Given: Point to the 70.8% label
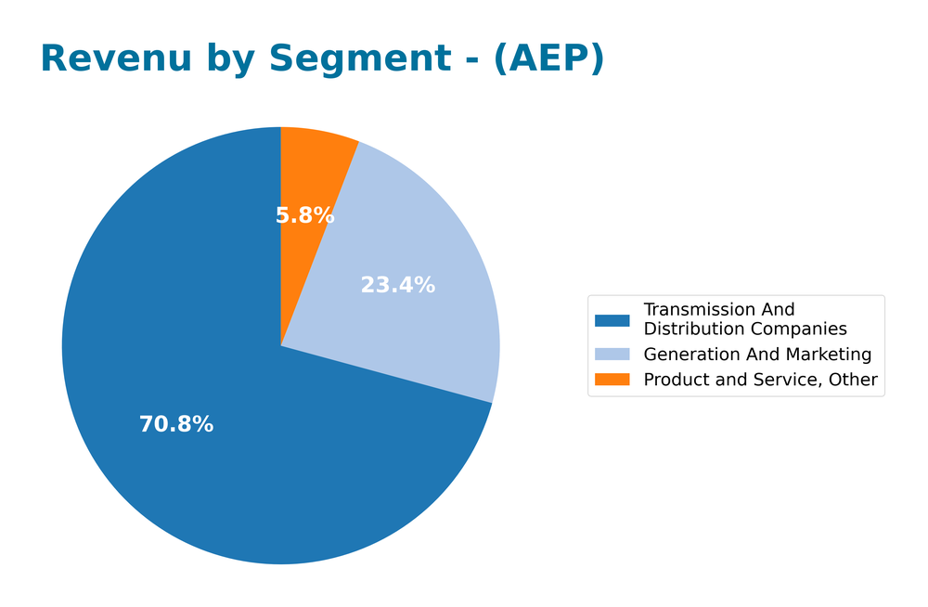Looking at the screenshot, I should (176, 425).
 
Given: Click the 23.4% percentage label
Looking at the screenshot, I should (397, 286).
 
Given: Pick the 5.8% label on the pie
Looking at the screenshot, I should (304, 216).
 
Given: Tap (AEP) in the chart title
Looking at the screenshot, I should (548, 59).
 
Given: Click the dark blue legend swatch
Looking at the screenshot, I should (612, 320).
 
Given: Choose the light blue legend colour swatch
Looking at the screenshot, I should (612, 355).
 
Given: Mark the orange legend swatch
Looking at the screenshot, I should (612, 380).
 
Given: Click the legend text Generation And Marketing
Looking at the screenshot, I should (757, 355).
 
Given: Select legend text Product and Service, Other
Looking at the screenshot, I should (760, 380).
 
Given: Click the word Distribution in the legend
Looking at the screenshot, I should (693, 329).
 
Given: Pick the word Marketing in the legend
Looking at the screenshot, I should (828, 355).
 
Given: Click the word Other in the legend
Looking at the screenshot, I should (854, 380).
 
